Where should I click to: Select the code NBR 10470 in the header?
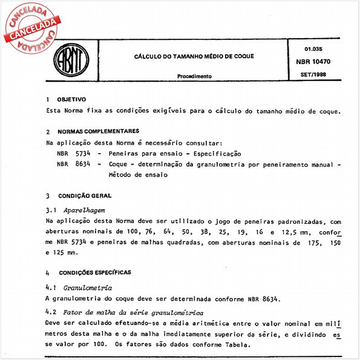pos(318,62)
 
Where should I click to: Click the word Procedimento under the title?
pos(194,77)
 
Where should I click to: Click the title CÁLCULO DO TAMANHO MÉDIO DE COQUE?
pos(194,56)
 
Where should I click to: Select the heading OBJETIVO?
pos(71,99)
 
